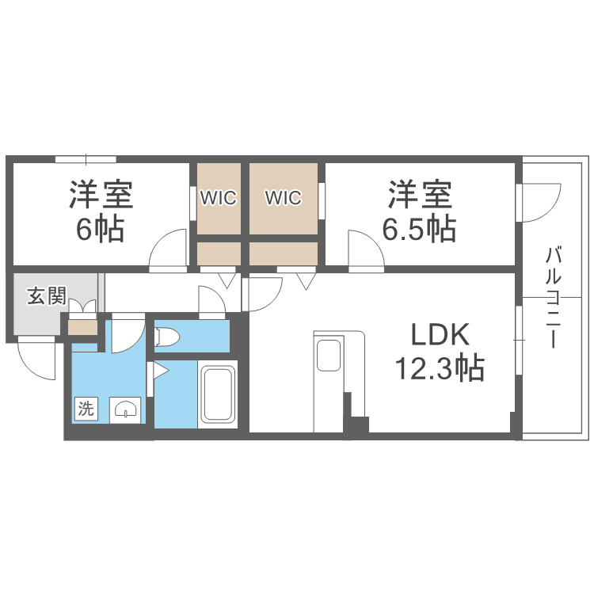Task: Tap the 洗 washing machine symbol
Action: click(86, 409)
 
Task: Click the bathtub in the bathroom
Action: click(218, 394)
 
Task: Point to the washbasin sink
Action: click(126, 409)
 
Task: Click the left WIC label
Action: click(218, 197)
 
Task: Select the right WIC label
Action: click(284, 197)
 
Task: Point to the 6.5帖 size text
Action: click(420, 229)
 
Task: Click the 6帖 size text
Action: click(100, 229)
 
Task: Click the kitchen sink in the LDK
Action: click(328, 354)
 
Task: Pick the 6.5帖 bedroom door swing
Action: click(366, 249)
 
